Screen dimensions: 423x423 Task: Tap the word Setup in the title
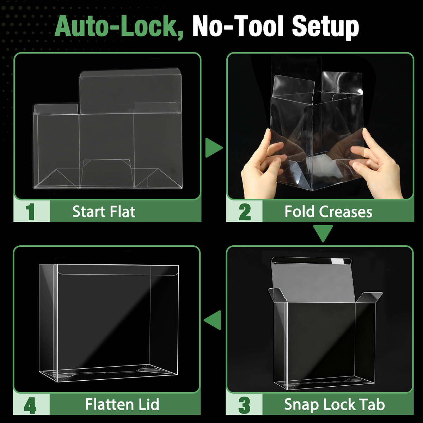click(x=325, y=27)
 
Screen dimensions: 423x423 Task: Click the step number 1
click(x=30, y=211)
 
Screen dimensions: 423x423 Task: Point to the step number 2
click(x=245, y=212)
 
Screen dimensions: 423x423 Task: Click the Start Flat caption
click(x=104, y=211)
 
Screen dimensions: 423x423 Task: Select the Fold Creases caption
click(x=329, y=211)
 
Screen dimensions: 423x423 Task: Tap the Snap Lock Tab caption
click(x=335, y=405)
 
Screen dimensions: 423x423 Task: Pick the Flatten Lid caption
click(x=122, y=404)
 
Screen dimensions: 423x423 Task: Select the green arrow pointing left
click(x=212, y=320)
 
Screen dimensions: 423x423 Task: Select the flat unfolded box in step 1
click(x=108, y=128)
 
